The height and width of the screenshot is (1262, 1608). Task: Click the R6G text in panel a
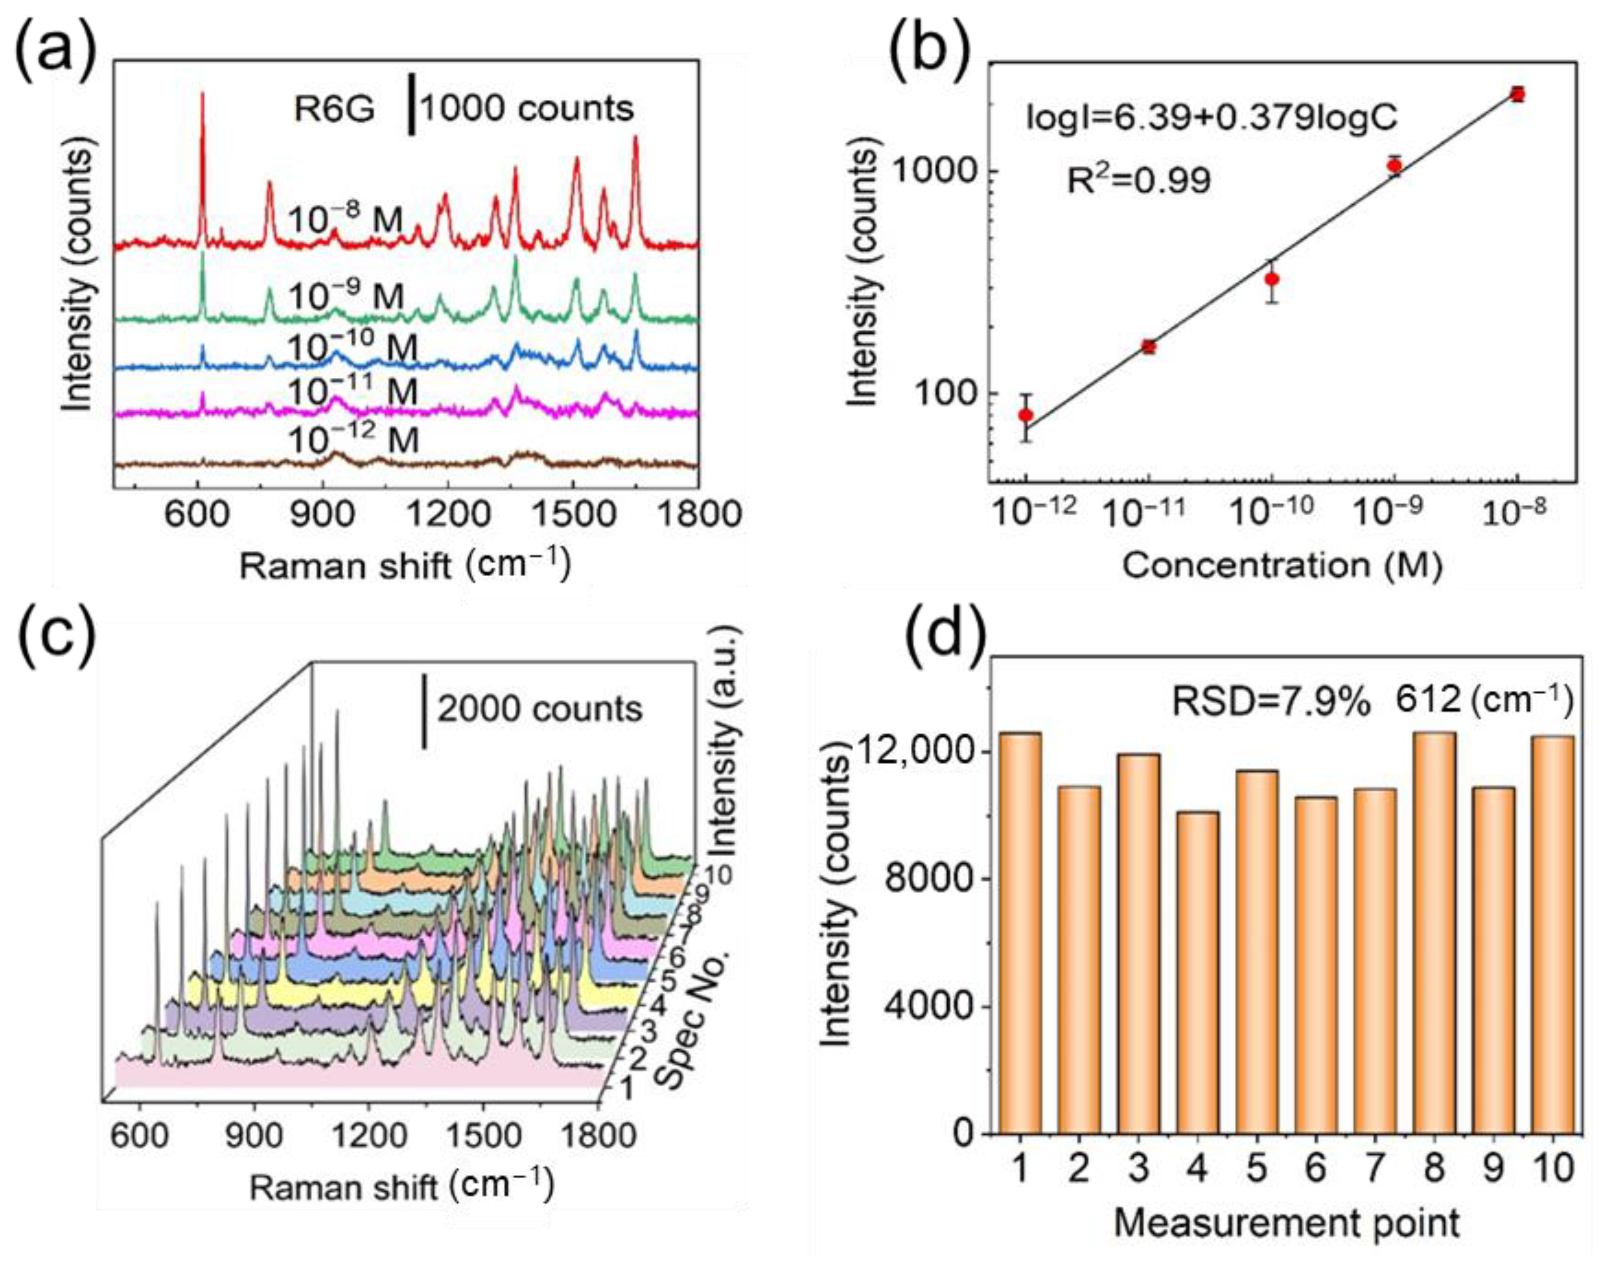[x=334, y=110]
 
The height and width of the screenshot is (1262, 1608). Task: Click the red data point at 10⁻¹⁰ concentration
[x=1272, y=279]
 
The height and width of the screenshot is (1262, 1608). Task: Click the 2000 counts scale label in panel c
[x=539, y=709]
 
